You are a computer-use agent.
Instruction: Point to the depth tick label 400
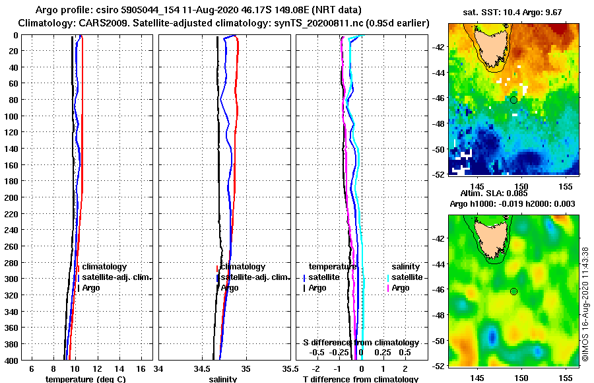(x=11, y=360)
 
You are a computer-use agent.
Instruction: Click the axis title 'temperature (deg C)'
(x=85, y=379)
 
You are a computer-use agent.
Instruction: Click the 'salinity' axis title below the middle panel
(x=222, y=379)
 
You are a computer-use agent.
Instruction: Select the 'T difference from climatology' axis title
(x=360, y=379)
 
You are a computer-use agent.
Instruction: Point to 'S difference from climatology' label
(x=360, y=343)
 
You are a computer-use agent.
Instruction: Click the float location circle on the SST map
(x=513, y=100)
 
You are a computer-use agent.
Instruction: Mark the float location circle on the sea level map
(x=513, y=291)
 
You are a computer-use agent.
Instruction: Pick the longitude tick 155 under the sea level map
(x=565, y=378)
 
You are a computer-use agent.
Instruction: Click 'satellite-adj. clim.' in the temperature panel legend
(x=117, y=277)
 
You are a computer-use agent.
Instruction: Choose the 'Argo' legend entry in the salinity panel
(x=230, y=288)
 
